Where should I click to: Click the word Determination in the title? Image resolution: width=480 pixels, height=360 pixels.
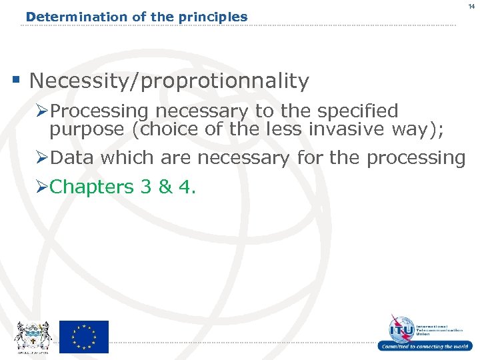[x=65, y=17]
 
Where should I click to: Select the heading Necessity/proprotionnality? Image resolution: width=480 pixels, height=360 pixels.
[x=169, y=81]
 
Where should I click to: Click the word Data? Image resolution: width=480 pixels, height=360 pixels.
[x=72, y=158]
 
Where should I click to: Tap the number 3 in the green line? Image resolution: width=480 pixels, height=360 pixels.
[x=146, y=187]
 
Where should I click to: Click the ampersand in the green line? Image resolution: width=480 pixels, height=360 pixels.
[x=165, y=187]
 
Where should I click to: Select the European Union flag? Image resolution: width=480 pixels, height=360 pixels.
[x=83, y=337]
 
